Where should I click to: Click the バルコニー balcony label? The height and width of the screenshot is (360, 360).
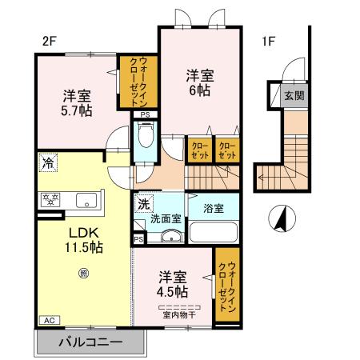pyautogui.click(x=90, y=342)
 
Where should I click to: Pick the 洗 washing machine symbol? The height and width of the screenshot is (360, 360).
pyautogui.click(x=142, y=204)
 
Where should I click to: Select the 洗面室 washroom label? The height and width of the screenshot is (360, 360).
pyautogui.click(x=166, y=218)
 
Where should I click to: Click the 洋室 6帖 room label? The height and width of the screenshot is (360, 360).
pyautogui.click(x=200, y=83)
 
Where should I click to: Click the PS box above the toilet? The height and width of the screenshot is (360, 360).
pyautogui.click(x=145, y=115)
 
